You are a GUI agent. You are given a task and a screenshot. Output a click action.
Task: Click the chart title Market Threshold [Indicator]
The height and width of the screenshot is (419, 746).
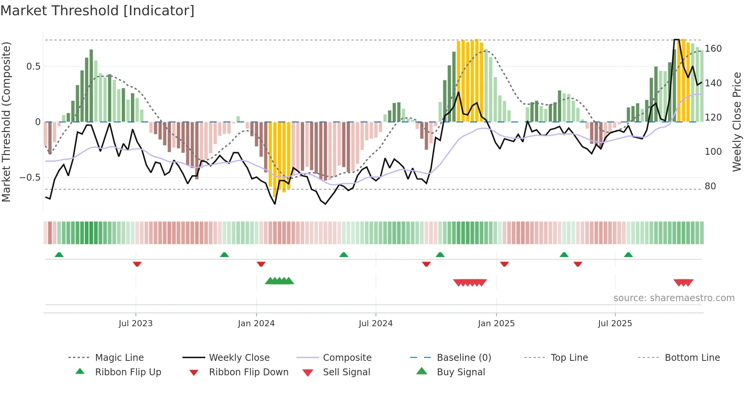pos(97,11)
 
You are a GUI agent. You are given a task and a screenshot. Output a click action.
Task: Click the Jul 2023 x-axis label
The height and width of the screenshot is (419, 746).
pos(135,324)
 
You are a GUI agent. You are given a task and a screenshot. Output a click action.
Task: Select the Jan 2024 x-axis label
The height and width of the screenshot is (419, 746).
pos(256,324)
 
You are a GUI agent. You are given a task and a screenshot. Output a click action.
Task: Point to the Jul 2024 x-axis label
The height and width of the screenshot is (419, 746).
pos(376,324)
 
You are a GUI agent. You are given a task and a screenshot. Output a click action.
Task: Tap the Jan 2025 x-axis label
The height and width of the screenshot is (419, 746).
pos(496,324)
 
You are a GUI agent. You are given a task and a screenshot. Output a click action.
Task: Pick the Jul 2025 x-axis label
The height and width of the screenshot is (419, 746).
pos(615,324)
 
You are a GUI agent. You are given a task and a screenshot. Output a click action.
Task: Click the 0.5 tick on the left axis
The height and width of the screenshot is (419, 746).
pos(33,67)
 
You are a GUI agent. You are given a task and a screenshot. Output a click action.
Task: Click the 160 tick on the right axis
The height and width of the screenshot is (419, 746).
pos(713,49)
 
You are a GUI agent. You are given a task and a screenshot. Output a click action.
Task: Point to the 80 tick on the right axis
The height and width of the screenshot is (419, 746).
pos(710,186)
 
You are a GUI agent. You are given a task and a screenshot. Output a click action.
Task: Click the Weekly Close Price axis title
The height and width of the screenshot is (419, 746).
pos(737,122)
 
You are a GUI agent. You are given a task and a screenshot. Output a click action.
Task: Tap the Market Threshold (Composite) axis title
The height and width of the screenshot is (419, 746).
pos(6,122)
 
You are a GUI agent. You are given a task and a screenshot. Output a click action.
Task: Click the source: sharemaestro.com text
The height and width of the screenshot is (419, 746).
pos(674,298)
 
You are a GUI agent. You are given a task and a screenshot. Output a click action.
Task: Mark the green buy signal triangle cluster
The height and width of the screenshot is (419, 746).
pos(279,281)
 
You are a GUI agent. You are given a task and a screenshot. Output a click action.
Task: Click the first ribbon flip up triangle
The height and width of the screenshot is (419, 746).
pos(59,255)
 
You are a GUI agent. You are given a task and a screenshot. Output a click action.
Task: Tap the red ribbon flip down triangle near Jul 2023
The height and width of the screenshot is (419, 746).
pos(137,264)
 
